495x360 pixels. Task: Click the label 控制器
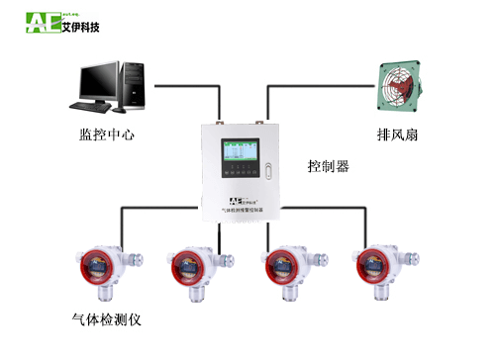pos(328,166)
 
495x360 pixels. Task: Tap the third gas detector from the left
pos(286,267)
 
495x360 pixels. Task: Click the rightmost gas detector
pos(382,267)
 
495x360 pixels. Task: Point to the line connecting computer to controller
pos(188,85)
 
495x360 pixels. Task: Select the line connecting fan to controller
pos(317,85)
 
